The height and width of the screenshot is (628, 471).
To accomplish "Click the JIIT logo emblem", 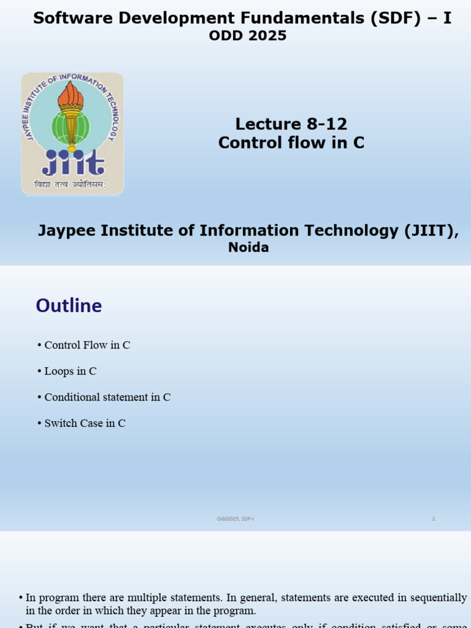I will pyautogui.click(x=72, y=133).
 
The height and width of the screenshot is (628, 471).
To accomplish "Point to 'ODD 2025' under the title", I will pyautogui.click(x=248, y=36).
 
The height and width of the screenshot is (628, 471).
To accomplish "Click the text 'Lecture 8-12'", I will pyautogui.click(x=291, y=124).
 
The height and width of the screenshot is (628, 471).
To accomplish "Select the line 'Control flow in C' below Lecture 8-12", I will pyautogui.click(x=291, y=143).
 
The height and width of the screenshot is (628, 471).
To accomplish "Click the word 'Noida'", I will pyautogui.click(x=248, y=248).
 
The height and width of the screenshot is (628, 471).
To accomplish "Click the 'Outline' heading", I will pyautogui.click(x=69, y=305).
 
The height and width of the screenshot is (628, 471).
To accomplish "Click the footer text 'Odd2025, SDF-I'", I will pyautogui.click(x=235, y=519).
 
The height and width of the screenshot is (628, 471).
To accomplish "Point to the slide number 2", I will pyautogui.click(x=434, y=519).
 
